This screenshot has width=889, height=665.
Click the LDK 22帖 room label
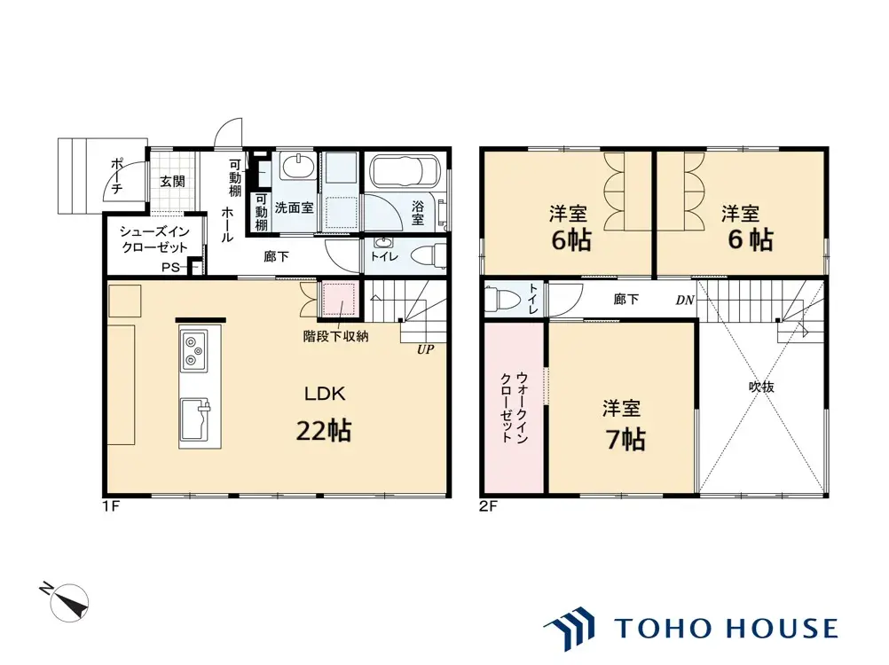325,414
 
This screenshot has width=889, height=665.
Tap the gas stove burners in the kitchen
194,349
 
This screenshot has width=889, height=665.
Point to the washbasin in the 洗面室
297,166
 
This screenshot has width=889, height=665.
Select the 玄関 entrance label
172,182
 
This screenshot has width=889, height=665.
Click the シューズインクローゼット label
153,239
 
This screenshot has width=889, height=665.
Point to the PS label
170,268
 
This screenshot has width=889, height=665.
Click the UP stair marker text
425,349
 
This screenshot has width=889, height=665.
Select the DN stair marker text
685,301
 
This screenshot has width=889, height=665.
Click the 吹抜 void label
761,387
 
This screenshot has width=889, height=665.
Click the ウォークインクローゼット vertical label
515,407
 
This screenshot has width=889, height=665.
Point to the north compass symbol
67,602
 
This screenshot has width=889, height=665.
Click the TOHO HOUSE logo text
726,628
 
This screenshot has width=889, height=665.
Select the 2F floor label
488,505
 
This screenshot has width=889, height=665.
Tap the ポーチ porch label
117,176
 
